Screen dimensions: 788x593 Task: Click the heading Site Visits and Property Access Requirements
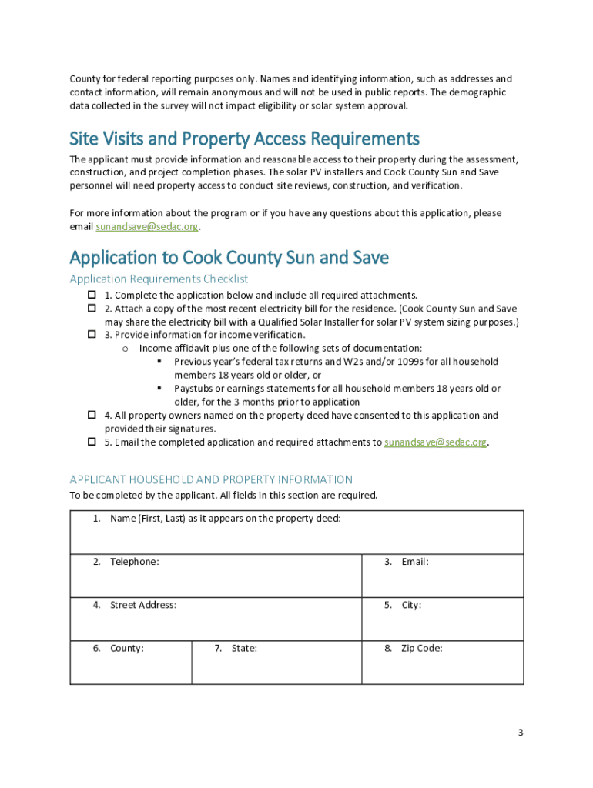[x=244, y=139]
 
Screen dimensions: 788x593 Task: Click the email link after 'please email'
[x=147, y=227]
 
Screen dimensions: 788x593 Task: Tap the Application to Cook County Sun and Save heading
[x=229, y=257]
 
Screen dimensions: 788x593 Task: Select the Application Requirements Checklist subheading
[x=159, y=279]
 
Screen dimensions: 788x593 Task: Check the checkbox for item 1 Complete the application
[x=91, y=295]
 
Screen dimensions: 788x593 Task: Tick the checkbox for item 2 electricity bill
[x=91, y=309]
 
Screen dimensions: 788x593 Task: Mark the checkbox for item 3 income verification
[x=91, y=335]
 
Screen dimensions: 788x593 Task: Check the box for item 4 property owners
[x=91, y=416]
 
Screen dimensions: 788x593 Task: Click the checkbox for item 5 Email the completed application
[x=91, y=442]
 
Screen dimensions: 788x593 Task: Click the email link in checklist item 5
[x=435, y=442]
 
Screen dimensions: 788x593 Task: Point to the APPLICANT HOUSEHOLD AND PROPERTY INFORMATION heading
[x=211, y=479]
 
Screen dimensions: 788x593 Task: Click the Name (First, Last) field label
[x=225, y=519]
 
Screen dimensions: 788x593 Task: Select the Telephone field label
[x=135, y=562]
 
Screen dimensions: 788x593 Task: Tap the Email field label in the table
[x=414, y=562]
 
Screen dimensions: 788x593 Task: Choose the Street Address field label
[x=143, y=605]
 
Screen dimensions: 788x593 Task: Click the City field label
[x=411, y=605]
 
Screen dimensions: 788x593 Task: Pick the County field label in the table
[x=127, y=648]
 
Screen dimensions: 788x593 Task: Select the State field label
[x=244, y=648]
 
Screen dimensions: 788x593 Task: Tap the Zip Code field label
[x=421, y=648]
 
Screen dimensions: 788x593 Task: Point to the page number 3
[x=521, y=733]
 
